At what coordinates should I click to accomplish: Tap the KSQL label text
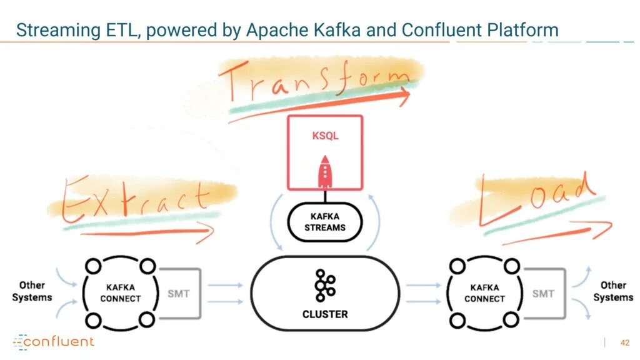point(325,136)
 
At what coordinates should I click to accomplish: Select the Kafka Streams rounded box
point(325,222)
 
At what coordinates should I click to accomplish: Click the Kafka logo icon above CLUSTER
point(325,286)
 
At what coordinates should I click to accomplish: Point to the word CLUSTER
point(325,314)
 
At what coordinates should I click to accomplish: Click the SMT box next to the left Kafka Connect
point(179,293)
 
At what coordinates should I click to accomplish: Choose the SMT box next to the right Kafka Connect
point(543,293)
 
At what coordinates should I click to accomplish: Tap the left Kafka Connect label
point(121,293)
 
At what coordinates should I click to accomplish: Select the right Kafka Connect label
point(484,293)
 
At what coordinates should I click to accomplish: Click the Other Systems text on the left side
point(32,291)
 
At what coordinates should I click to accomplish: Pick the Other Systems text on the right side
point(613,291)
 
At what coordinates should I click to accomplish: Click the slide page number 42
point(624,342)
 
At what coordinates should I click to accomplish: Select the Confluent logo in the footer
point(54,341)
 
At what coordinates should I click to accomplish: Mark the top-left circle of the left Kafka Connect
point(93,266)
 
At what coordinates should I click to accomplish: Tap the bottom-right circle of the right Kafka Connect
point(512,321)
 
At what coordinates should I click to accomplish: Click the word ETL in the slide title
point(122,30)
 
